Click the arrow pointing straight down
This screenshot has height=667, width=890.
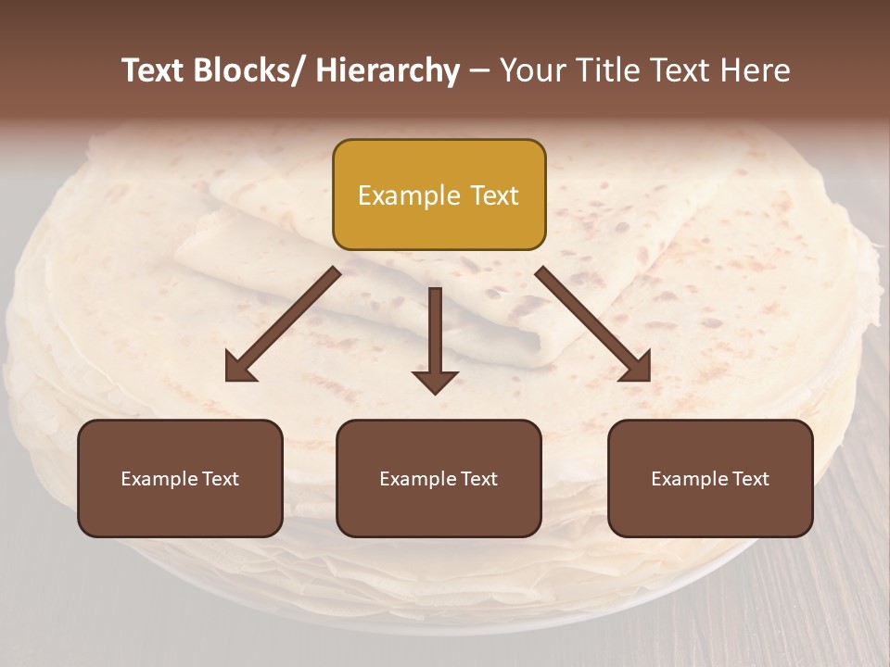click(x=435, y=338)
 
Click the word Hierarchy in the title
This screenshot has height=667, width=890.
click(x=388, y=70)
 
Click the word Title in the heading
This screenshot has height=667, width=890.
click(x=604, y=70)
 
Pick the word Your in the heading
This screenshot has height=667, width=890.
click(x=531, y=70)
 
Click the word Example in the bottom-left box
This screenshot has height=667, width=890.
click(x=159, y=479)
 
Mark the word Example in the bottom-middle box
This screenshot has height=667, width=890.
click(x=418, y=479)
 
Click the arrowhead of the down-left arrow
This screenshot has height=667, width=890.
click(x=240, y=368)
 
